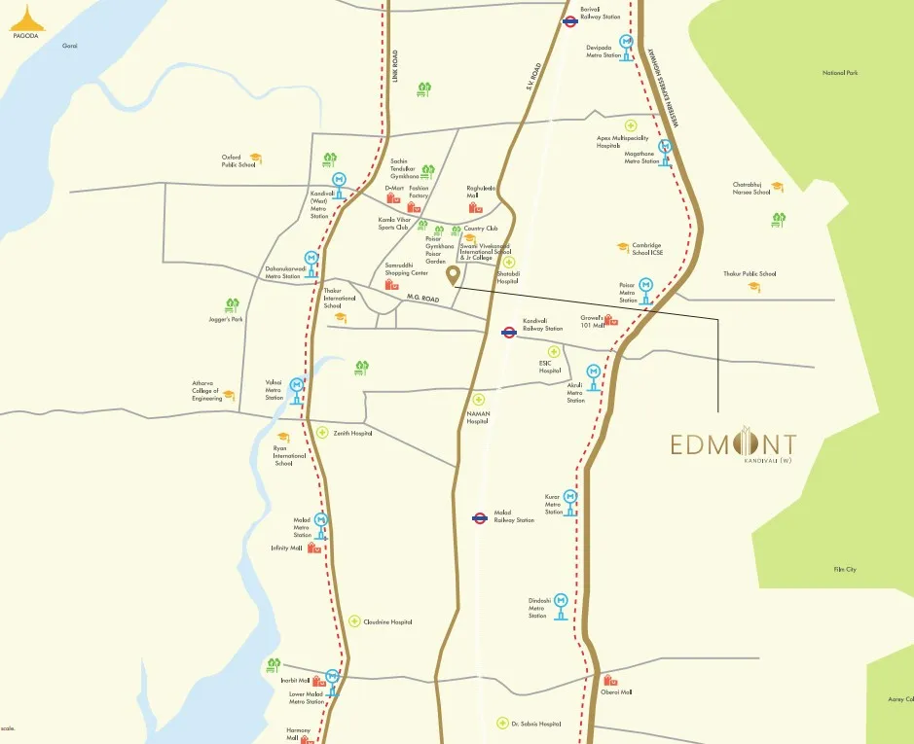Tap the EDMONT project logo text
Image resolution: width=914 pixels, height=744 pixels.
point(733,445)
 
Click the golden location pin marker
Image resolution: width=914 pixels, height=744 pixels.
point(453,276)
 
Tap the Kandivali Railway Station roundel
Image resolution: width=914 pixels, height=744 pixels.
point(508,332)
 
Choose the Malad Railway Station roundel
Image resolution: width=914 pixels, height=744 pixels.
point(479,518)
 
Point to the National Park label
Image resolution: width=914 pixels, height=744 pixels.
point(839,73)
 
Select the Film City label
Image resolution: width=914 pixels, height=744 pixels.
point(844,569)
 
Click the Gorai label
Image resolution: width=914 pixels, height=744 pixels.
point(69,46)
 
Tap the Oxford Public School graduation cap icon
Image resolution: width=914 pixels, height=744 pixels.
point(255,158)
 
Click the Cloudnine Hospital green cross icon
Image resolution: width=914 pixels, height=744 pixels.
point(354,620)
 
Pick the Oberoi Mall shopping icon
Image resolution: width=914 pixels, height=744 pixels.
point(609,681)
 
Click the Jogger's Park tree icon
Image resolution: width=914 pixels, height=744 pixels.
point(232,305)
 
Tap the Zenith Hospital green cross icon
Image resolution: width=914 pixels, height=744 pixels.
point(322,433)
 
